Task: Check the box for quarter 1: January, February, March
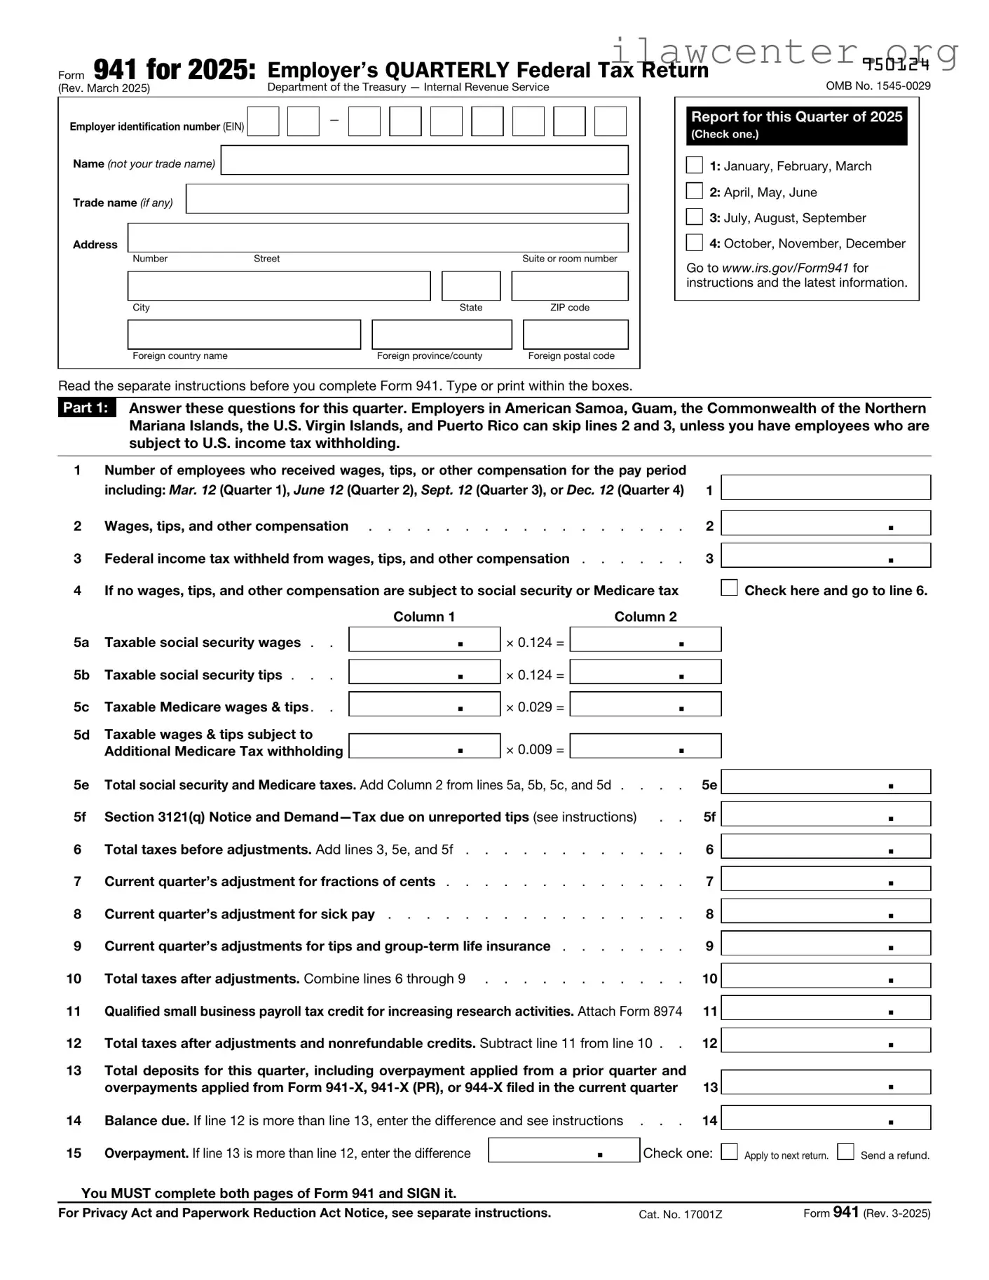694,165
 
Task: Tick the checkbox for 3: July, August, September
694,217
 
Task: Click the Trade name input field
407,199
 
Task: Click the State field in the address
471,286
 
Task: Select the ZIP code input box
569,286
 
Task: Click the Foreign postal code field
575,334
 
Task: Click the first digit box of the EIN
263,121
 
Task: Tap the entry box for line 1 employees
826,487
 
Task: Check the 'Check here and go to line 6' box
729,588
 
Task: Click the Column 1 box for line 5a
424,639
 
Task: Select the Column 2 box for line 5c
645,704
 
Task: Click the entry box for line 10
826,976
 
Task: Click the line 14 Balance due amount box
826,1118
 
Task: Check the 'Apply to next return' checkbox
729,1152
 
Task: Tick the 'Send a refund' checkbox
846,1152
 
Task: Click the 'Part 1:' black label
86,408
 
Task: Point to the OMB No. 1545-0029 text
878,86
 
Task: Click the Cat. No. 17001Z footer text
680,1214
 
